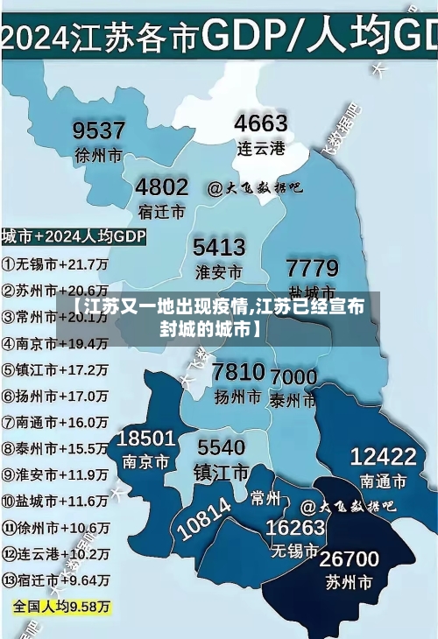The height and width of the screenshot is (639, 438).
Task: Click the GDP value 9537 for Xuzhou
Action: point(98,131)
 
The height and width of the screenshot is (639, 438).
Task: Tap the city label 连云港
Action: point(261,148)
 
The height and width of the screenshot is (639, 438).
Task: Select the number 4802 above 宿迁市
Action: point(161,186)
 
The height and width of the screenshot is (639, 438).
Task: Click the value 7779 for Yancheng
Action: point(312,267)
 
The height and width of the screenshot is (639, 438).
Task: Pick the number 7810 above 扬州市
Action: point(238,372)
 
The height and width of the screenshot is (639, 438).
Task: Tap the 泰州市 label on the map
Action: point(293,400)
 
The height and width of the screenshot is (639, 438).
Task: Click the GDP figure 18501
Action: point(146,438)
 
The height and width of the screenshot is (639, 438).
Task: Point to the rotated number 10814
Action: point(204,517)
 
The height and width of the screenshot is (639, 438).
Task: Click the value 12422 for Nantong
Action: point(383,456)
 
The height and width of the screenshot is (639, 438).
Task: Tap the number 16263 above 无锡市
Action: point(295,528)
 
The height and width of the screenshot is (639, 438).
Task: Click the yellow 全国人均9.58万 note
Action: point(61,606)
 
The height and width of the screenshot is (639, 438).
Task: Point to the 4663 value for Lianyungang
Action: point(261,123)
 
